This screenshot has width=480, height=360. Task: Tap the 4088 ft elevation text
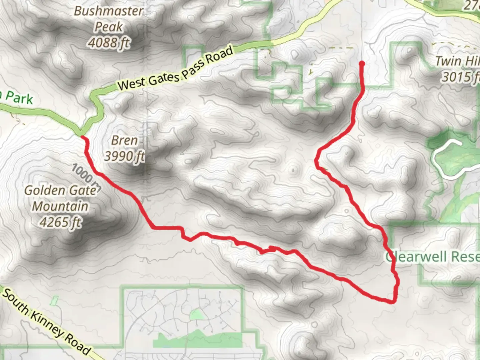click(x=109, y=43)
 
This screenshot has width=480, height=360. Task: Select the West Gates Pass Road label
click(x=175, y=69)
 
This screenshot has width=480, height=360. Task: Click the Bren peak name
click(x=124, y=140)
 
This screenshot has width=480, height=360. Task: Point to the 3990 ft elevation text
click(x=124, y=156)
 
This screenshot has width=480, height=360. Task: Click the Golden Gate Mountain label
click(x=60, y=198)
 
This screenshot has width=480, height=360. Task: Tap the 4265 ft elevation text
click(x=60, y=222)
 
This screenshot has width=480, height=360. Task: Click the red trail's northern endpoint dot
click(x=362, y=63)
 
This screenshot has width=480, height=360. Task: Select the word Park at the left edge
click(x=19, y=99)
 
